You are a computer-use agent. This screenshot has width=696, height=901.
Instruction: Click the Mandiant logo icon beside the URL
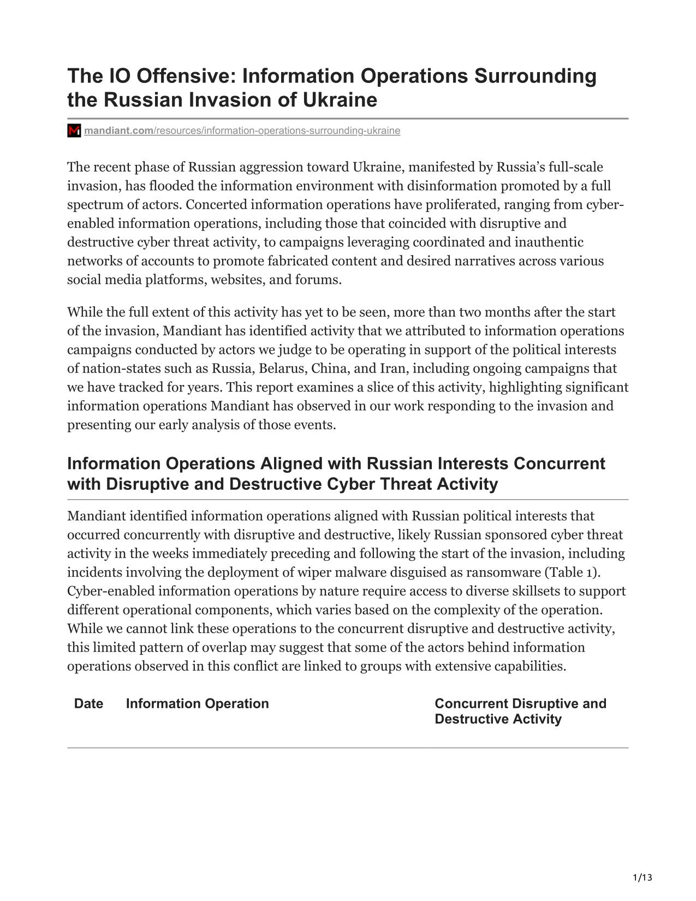pyautogui.click(x=74, y=131)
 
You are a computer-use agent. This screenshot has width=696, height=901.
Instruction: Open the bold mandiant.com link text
pyautogui.click(x=118, y=131)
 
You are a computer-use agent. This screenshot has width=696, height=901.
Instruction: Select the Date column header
pyautogui.click(x=88, y=703)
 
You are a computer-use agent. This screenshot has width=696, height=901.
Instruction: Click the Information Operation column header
pyautogui.click(x=197, y=703)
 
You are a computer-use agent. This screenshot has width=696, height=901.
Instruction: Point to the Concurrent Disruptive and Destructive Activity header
pyautogui.click(x=520, y=711)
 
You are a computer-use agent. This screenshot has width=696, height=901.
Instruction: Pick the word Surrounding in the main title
pyautogui.click(x=535, y=76)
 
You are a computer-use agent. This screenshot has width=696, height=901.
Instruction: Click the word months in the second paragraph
pyautogui.click(x=499, y=312)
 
